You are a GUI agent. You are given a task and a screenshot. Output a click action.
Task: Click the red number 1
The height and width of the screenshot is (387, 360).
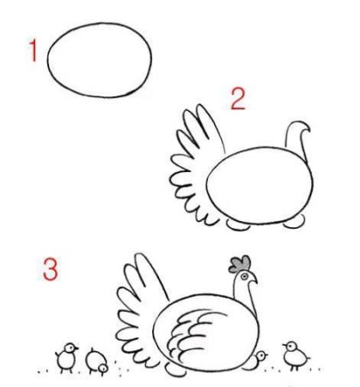pyautogui.click(x=34, y=51)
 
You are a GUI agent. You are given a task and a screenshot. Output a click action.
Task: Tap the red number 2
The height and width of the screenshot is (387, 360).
pyautogui.click(x=238, y=99)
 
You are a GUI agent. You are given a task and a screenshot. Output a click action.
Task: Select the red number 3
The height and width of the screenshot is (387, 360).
pyautogui.click(x=51, y=269)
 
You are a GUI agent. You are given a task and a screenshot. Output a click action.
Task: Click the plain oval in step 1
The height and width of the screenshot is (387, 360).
pyautogui.click(x=100, y=60)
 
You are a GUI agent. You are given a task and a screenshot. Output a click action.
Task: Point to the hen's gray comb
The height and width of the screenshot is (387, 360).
pyautogui.click(x=240, y=264)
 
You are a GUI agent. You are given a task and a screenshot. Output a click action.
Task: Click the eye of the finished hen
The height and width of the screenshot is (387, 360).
pyautogui.click(x=244, y=277)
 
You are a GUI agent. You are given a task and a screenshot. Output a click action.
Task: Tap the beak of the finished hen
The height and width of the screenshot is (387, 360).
pyautogui.click(x=253, y=280)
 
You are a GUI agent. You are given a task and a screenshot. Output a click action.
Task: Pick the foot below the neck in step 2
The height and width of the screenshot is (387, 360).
pyautogui.click(x=295, y=222)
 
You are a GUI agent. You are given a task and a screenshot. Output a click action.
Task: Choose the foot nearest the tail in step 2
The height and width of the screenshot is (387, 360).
pyautogui.click(x=238, y=225)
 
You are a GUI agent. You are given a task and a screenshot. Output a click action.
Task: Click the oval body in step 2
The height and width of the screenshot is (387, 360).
pyautogui.click(x=259, y=185)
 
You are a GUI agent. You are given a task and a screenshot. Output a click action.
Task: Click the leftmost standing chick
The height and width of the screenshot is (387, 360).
pyautogui.click(x=67, y=357)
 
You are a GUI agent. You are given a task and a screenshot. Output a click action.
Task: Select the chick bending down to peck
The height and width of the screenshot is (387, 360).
pyautogui.click(x=97, y=362)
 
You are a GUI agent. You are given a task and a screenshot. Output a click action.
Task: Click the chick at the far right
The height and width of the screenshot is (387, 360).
pyautogui.click(x=296, y=355)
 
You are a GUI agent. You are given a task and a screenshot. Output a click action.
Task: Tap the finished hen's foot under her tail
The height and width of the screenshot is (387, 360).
pyautogui.click(x=175, y=371)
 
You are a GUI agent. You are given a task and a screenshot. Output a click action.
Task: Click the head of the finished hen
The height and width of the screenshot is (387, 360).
pyautogui.click(x=245, y=279)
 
